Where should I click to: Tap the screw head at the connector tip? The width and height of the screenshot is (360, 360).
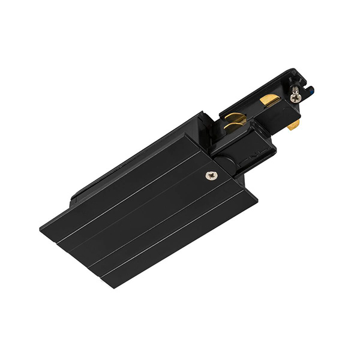click(x=295, y=96)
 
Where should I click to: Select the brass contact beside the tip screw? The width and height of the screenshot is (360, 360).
click(x=270, y=100)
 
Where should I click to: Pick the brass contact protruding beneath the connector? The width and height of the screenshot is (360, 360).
click(x=293, y=125)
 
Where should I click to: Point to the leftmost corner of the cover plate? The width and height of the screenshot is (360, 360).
click(x=41, y=229)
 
